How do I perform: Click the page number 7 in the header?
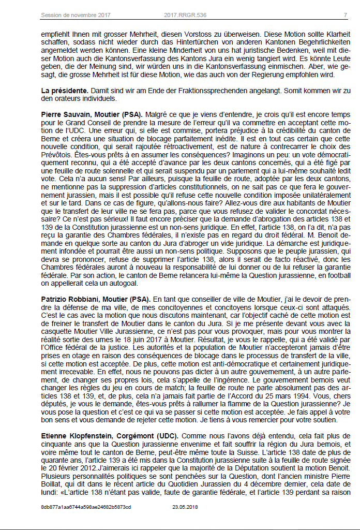click(345, 14)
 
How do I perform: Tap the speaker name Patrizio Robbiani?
click(69, 299)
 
